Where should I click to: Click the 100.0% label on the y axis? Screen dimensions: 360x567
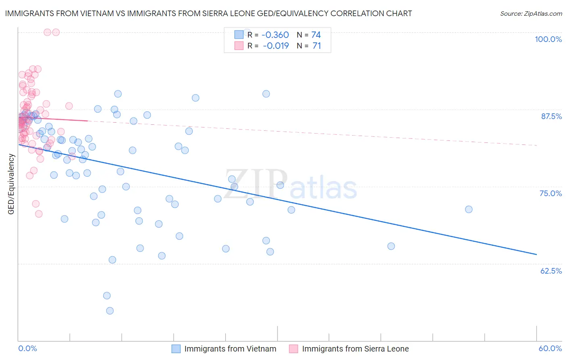point(548,39)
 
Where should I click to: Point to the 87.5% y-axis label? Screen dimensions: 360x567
point(551,116)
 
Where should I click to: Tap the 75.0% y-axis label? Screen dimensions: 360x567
point(550,193)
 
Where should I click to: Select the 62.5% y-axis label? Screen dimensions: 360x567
point(551,271)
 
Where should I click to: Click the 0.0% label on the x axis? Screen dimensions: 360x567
point(28,348)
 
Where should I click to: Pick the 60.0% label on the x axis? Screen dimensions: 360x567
point(550,348)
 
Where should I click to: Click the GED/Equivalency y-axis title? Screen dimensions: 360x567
point(11,184)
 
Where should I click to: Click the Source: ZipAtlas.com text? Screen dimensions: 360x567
point(531,14)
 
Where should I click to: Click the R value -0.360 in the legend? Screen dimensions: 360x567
point(275,35)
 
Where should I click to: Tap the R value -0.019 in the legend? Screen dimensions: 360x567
point(275,46)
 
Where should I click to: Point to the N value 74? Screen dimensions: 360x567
point(316,35)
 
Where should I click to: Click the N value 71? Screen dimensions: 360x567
point(317,46)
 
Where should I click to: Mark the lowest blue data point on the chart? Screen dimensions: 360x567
point(110,311)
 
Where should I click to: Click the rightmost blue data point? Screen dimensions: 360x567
point(469,209)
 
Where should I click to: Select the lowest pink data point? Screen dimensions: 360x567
point(39,214)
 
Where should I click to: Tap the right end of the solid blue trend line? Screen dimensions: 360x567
point(536,254)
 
